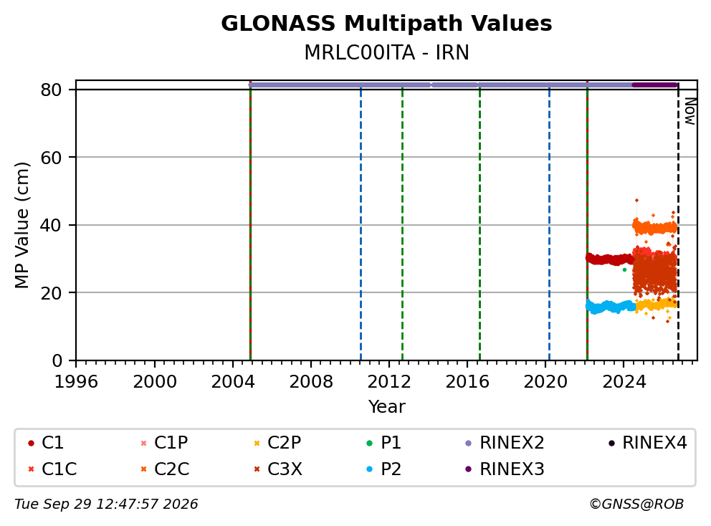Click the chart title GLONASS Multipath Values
click(x=386, y=23)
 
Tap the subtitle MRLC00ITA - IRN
click(x=386, y=52)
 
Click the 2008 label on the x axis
click(x=311, y=382)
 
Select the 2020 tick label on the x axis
click(x=545, y=382)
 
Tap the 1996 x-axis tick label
click(x=76, y=382)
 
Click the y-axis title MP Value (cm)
click(x=22, y=225)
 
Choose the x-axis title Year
click(x=386, y=407)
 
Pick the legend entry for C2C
click(x=165, y=469)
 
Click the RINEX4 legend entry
click(x=648, y=443)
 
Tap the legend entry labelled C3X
click(x=278, y=469)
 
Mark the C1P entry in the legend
click(x=164, y=443)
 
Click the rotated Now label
click(x=689, y=111)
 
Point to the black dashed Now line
click(x=678, y=221)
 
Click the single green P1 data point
click(x=624, y=269)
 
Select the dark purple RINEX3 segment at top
click(x=654, y=85)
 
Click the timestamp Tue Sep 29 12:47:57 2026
click(x=106, y=505)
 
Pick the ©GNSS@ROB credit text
click(x=636, y=505)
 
